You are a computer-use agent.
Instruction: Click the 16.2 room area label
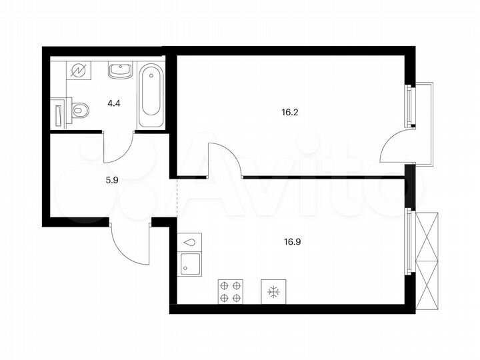tap(289, 113)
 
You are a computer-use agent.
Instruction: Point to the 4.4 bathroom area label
tap(115, 103)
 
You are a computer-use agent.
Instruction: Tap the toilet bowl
tap(80, 110)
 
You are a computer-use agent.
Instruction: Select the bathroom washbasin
tap(121, 70)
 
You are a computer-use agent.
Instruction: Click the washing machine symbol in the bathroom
tap(79, 71)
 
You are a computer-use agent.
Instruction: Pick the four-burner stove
tap(231, 291)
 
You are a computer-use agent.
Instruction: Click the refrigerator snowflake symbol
tap(273, 291)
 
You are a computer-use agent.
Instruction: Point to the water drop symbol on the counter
tap(191, 241)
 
